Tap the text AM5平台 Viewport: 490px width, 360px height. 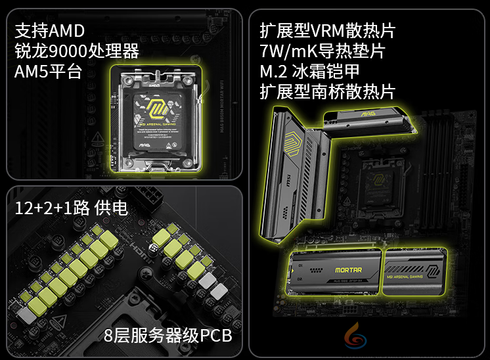(x=48, y=72)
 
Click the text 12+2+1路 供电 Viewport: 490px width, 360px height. (x=71, y=208)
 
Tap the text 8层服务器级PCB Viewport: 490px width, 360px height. (x=167, y=336)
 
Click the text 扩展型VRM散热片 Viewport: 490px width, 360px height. (x=327, y=31)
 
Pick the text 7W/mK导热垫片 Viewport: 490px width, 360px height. (x=322, y=51)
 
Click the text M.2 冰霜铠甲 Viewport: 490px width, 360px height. (x=309, y=72)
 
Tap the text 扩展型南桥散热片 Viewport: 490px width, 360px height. (x=327, y=91)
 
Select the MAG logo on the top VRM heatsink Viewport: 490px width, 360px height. (x=367, y=114)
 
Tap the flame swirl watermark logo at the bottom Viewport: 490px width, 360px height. (x=357, y=338)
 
